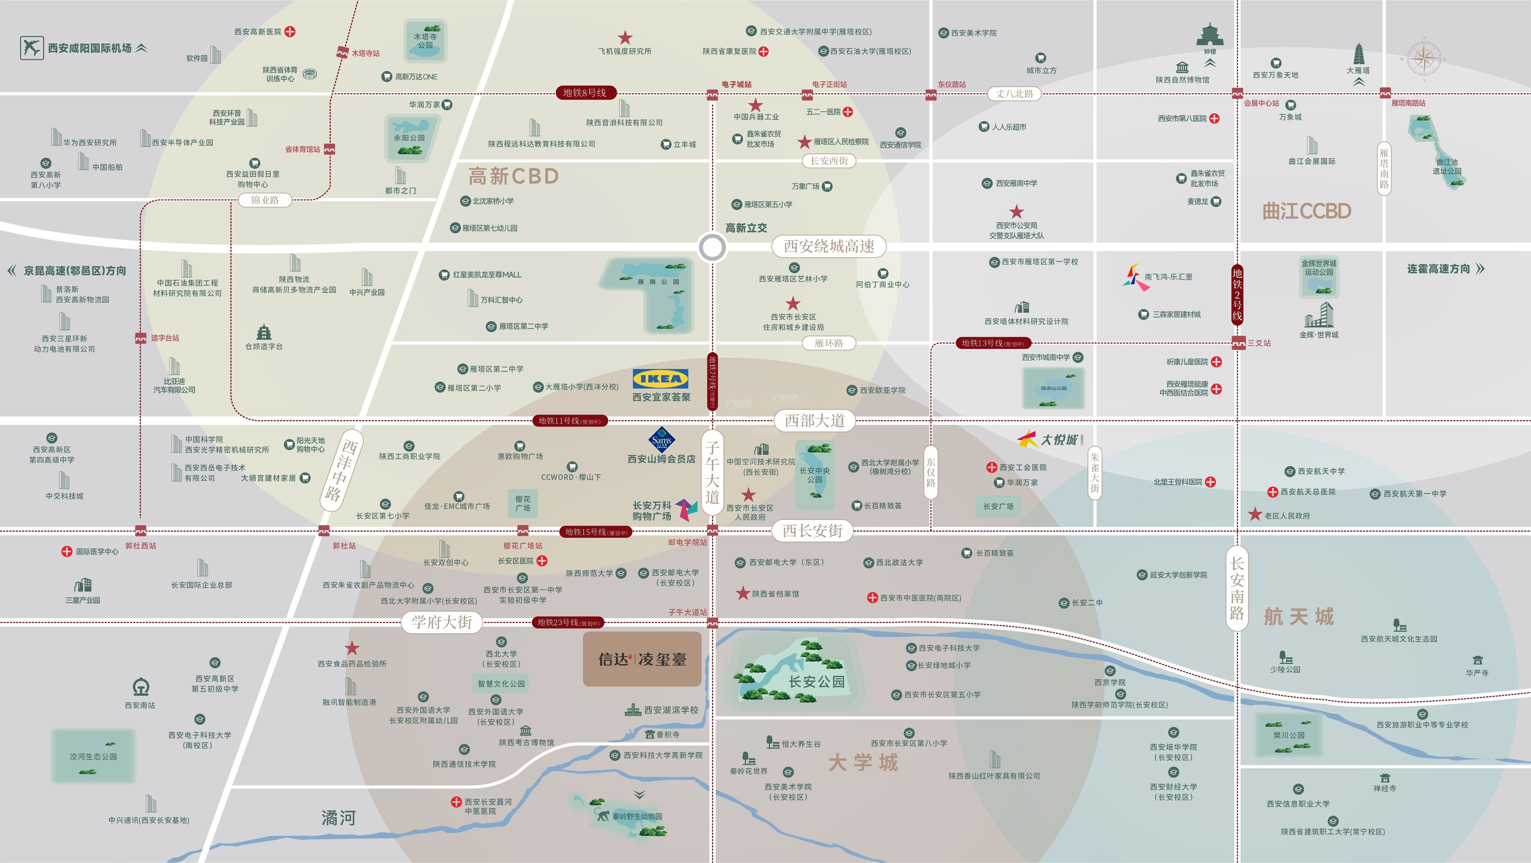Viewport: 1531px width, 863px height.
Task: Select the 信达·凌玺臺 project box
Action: tap(642, 659)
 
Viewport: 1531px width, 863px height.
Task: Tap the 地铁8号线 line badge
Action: tap(585, 93)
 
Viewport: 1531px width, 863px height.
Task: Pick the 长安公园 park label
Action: tap(817, 682)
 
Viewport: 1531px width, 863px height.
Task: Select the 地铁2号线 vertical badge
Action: tap(1237, 295)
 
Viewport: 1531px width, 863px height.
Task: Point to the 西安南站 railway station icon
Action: tap(140, 688)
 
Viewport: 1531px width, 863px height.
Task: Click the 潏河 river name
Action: tap(338, 818)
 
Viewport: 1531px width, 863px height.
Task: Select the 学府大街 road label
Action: tap(442, 622)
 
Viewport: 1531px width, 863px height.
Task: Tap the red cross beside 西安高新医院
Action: tap(290, 31)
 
